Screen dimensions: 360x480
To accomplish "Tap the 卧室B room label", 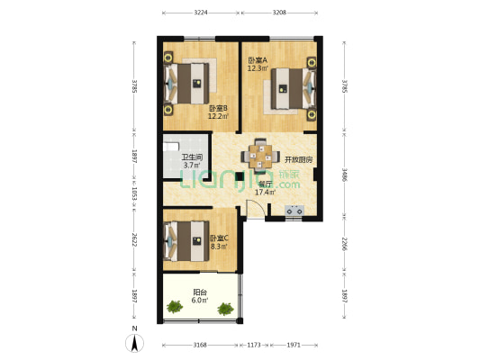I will pos(218,108).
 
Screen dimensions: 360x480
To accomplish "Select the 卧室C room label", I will pos(220,238).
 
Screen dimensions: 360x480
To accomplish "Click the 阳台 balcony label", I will pos(200,292).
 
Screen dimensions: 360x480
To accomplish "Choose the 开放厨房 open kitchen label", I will pos(299,159).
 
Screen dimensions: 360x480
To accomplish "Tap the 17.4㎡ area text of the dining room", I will pos(265,191).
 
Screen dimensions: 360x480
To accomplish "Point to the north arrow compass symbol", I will pos(134,343).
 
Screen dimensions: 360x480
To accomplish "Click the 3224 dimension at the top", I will pos(200,13).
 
